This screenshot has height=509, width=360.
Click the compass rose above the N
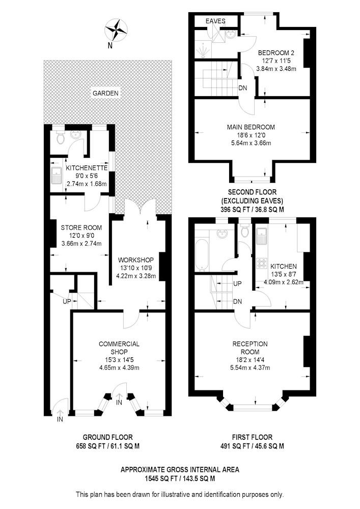tap(116, 30)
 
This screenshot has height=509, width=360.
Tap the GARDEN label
tap(105, 93)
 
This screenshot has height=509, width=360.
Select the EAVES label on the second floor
tap(215, 21)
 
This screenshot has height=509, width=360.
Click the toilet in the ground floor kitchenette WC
tap(61, 137)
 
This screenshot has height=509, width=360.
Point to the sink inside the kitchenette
tap(57, 175)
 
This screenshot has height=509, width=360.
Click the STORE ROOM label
tap(81, 228)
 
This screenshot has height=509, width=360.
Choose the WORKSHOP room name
tap(135, 260)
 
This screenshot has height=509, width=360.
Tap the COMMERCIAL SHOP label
tap(119, 348)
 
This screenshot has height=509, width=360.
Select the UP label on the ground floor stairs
tap(67, 301)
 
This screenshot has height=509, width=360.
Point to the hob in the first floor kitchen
tap(262, 263)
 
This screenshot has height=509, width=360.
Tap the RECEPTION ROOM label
tap(250, 348)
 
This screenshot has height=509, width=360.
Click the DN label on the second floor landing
tap(242, 88)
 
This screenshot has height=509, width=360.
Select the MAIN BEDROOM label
tap(251, 127)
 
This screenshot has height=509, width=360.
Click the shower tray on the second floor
tap(203, 49)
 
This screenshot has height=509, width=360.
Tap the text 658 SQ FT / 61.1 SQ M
tap(107, 446)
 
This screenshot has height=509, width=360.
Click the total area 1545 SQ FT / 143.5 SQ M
tap(180, 478)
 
